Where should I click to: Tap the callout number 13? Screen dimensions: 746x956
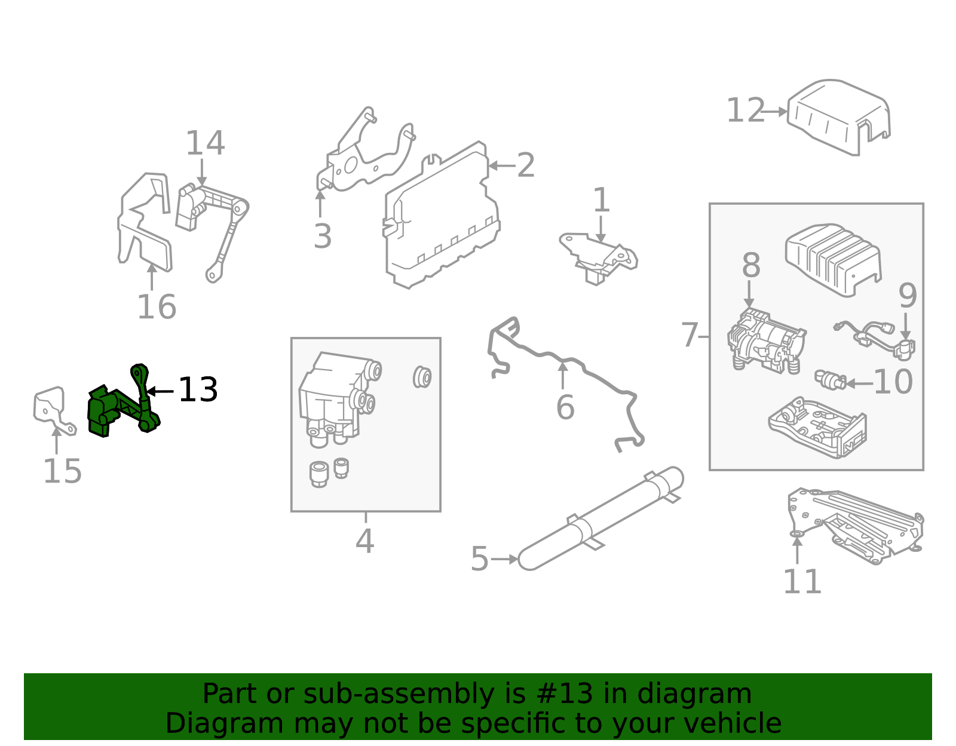click(x=198, y=390)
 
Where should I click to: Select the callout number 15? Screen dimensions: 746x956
click(x=62, y=472)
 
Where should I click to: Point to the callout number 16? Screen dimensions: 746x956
click(x=157, y=307)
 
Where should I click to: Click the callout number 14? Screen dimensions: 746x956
click(x=205, y=143)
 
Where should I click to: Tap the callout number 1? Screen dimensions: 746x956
click(x=601, y=200)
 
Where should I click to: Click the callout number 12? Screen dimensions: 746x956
click(x=745, y=111)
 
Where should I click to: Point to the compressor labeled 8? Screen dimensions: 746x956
click(x=766, y=340)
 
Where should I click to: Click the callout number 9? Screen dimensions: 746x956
click(x=908, y=296)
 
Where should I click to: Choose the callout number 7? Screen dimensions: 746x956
click(x=690, y=335)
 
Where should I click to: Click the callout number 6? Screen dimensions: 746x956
click(x=565, y=408)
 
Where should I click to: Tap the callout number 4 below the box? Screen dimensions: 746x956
click(x=364, y=542)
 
